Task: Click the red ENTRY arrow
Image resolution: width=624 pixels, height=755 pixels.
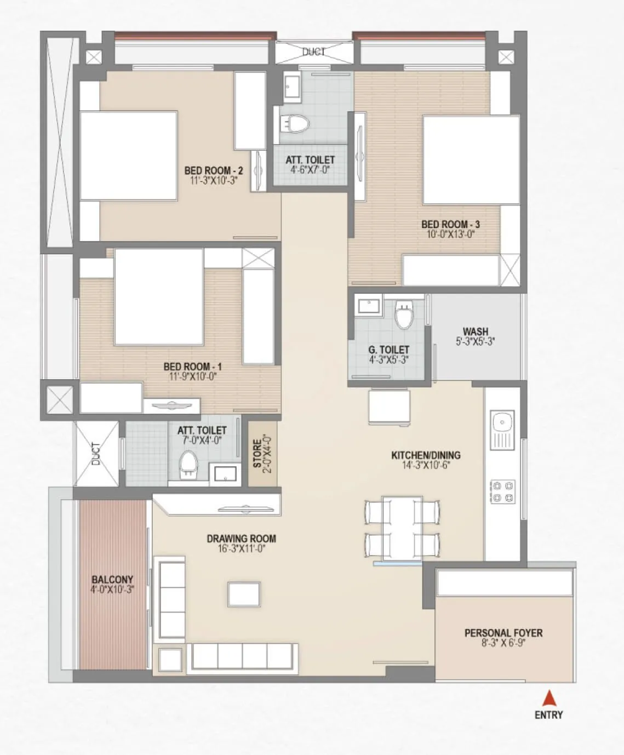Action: (549, 699)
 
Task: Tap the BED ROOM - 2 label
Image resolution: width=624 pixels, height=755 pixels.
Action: (213, 171)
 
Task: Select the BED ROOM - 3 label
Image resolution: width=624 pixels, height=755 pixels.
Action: (450, 224)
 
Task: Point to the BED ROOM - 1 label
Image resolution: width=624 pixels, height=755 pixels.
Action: (192, 367)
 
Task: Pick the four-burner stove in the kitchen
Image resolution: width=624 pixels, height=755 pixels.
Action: (502, 491)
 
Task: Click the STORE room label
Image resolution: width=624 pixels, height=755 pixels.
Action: (257, 451)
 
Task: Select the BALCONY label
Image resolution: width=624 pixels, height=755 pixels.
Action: (112, 580)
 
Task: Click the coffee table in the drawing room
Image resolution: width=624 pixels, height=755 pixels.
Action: (244, 594)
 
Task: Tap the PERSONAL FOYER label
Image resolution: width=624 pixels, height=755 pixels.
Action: (503, 633)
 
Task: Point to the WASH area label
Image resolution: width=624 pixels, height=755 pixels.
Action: (475, 331)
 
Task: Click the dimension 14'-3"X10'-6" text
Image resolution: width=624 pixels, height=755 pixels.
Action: (425, 466)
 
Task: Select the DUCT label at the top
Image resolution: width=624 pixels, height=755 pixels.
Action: (313, 52)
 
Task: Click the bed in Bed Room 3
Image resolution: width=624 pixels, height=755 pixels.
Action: (471, 159)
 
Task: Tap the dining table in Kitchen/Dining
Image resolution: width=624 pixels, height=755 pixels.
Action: (402, 529)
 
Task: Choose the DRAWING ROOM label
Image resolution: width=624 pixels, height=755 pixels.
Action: (241, 539)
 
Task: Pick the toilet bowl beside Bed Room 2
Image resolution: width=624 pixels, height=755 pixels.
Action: (295, 123)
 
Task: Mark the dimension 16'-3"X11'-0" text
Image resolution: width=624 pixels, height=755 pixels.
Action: (241, 548)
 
